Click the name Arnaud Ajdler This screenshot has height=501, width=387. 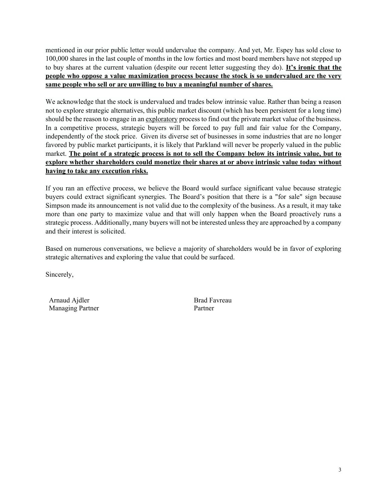[x=69, y=300]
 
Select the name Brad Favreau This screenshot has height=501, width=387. [x=212, y=300]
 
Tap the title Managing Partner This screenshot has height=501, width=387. [x=74, y=308]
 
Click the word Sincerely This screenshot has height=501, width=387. [x=59, y=275]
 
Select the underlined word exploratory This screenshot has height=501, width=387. [x=161, y=119]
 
